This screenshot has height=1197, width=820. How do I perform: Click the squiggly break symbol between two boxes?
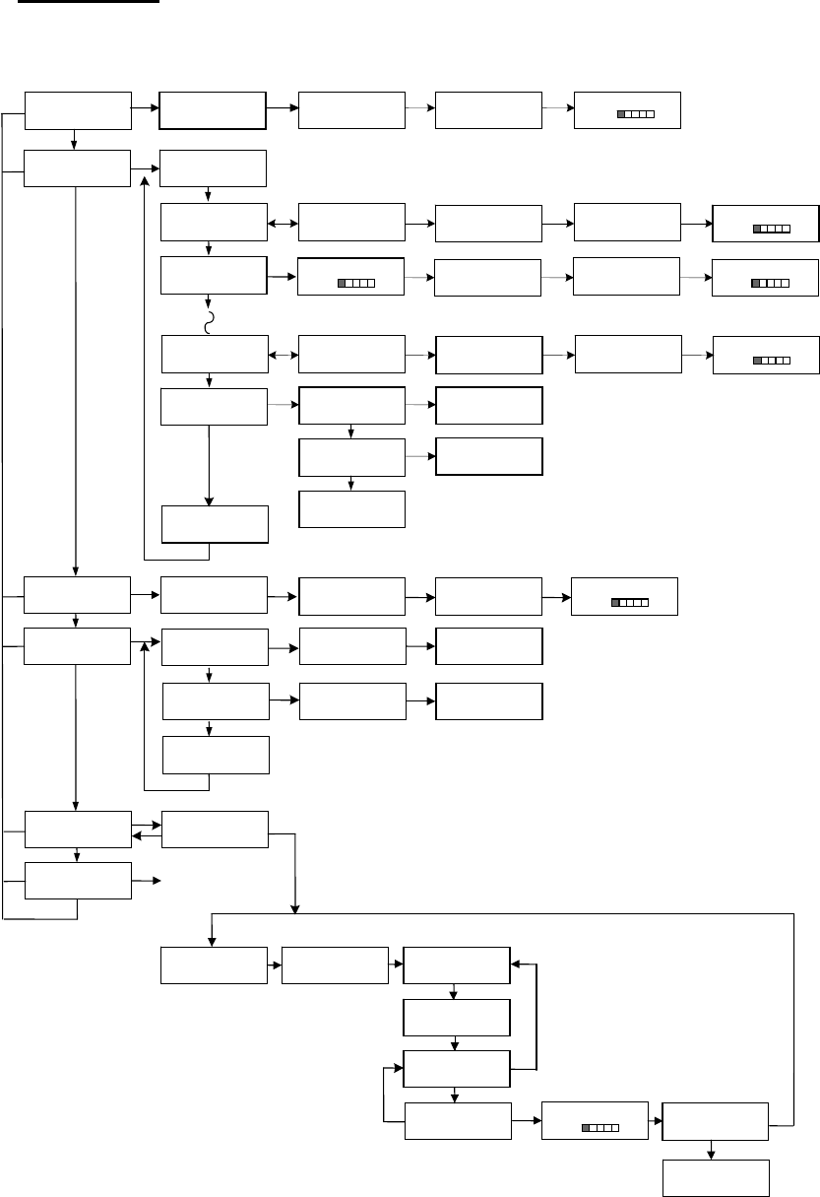click(x=209, y=322)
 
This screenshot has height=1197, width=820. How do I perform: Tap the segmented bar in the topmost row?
click(x=636, y=115)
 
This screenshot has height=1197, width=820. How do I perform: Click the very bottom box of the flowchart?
click(x=715, y=1176)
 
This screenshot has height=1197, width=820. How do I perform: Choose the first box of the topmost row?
click(x=78, y=110)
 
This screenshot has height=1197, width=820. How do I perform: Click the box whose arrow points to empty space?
click(x=78, y=880)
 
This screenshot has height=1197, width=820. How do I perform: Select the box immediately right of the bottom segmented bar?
click(x=715, y=1120)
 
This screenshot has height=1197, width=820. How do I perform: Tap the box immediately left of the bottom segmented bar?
click(x=458, y=1121)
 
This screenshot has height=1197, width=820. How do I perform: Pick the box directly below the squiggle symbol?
click(x=214, y=354)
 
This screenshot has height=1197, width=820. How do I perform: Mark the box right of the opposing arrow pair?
click(x=214, y=830)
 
